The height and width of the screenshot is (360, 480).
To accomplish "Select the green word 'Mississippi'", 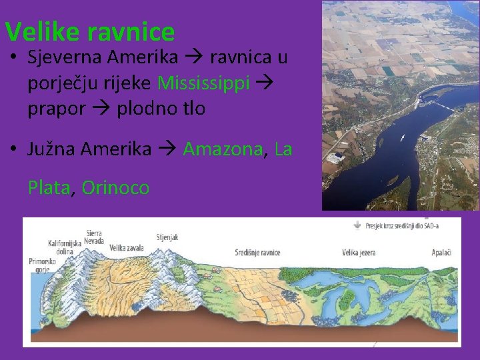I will (x=204, y=83).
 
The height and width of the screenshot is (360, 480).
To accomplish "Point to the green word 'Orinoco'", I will (x=115, y=188).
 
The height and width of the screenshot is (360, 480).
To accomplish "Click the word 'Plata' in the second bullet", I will (x=49, y=188).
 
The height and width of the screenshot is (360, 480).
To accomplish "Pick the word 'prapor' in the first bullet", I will (x=57, y=108).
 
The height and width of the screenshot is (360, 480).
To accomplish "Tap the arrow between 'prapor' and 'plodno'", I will (x=101, y=109).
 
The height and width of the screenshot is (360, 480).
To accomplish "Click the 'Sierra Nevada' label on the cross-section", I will (x=94, y=237).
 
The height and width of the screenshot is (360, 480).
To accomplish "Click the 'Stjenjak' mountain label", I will (x=167, y=237).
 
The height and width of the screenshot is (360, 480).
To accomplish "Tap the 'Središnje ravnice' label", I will (x=257, y=253).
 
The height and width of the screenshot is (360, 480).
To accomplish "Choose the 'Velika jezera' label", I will (x=359, y=253).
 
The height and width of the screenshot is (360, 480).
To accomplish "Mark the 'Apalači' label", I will (x=441, y=253).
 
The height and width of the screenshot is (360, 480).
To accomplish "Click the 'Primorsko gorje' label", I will (x=41, y=266).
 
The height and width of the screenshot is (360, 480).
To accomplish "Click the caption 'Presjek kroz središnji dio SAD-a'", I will (x=401, y=226).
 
